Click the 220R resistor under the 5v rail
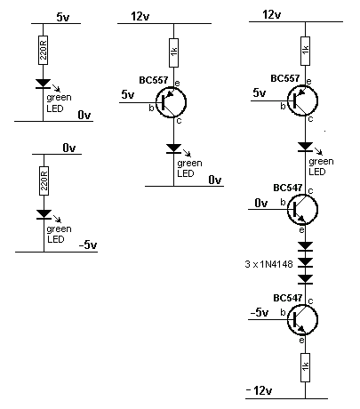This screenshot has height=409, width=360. pos(44,50)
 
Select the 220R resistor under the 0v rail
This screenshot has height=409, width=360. pos(44,180)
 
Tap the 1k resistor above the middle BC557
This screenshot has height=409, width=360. pos(174,52)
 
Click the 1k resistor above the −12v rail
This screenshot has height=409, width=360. pos(306,367)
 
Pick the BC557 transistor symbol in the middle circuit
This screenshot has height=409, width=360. pos(171,102)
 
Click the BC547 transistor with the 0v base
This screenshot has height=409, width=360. pos(302,210)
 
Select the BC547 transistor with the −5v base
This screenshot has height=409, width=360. pos(302,320)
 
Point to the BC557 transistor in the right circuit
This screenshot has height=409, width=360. pos(302,100)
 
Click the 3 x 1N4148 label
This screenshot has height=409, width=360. pos(268,264)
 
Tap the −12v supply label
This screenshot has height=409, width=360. pos(259,391)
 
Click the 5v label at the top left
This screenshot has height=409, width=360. pos(63,17)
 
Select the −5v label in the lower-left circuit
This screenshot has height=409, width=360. pos(88,245)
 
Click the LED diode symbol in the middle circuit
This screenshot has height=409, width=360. pos(174,148)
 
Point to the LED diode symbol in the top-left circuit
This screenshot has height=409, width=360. pos(44,84)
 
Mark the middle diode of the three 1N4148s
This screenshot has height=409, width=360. pos(306,262)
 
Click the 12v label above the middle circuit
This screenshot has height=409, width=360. pos(140,16)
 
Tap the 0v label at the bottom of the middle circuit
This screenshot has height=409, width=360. pos(215,180)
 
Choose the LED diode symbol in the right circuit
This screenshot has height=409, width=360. pos(306,147)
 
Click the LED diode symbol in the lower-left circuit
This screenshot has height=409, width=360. pos(44,214)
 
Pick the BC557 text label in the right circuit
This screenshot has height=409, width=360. pos(285,78)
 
